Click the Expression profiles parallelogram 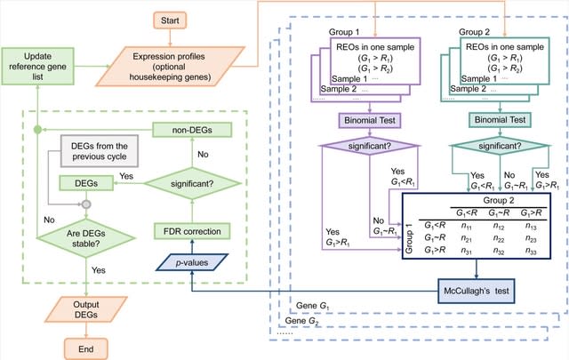tap(170, 65)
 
